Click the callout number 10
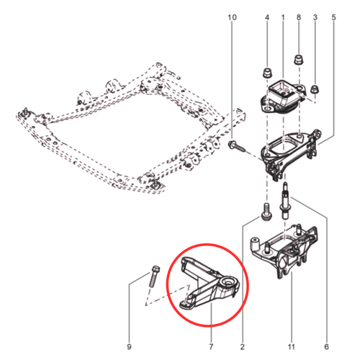232,17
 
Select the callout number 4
267,17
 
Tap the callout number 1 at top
283,17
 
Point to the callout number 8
299,17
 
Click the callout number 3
315,17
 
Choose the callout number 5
334,17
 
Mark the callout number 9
129,346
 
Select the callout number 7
211,346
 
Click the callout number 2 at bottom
243,346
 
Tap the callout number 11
291,346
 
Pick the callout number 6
326,346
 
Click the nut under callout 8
299,60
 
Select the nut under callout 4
267,73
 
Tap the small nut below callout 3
315,89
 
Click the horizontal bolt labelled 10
237,146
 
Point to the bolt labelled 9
154,276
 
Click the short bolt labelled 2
266,212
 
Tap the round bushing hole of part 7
228,282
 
